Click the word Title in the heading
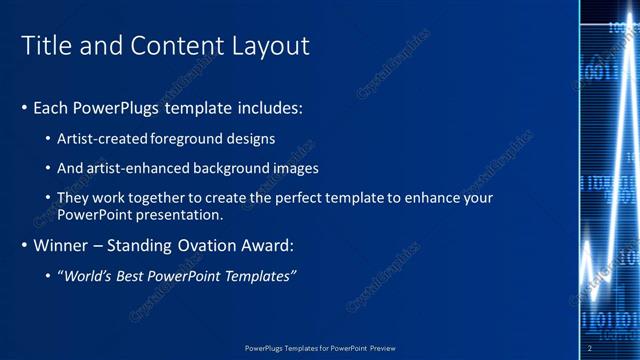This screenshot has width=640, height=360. click(x=45, y=46)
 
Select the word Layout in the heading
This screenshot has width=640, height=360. click(x=271, y=46)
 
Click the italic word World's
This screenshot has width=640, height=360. click(x=87, y=275)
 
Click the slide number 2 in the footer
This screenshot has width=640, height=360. click(x=589, y=348)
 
